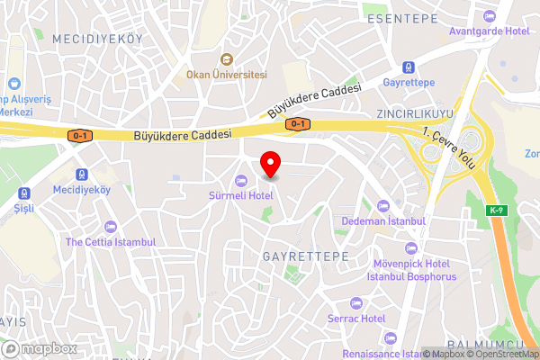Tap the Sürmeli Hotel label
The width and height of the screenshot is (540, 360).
(x=241, y=195)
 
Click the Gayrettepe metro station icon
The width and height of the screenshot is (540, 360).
(x=409, y=67)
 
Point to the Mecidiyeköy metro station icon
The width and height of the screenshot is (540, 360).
(x=81, y=175)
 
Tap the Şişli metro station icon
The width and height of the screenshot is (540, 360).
(x=23, y=192)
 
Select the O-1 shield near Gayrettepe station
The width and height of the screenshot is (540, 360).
(x=297, y=123)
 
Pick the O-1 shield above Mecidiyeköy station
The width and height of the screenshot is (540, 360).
(x=80, y=136)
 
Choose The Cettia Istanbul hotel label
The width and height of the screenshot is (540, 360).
(x=111, y=242)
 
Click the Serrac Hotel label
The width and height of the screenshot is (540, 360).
(x=356, y=319)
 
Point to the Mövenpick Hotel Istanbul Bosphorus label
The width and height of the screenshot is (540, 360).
(x=410, y=270)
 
